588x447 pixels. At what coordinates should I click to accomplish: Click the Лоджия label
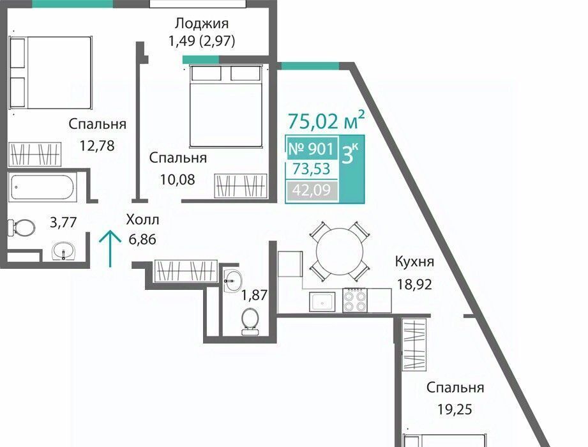pos(201,24)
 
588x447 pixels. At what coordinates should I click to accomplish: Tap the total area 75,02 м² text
pos(326,120)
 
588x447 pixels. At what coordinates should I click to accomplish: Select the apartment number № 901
pos(310,149)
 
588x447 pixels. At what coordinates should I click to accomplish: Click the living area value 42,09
pos(312,190)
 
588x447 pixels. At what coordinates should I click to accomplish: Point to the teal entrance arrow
pos(110,248)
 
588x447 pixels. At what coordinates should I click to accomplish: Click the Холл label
pos(142,220)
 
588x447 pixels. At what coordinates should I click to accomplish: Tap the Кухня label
pos(414,261)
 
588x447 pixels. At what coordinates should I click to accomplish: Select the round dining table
pos(340,251)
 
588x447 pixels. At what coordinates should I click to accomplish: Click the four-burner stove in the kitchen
pos(355,301)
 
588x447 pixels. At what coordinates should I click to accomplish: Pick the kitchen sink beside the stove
pos(322,301)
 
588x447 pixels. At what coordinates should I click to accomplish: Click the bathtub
pos(43,186)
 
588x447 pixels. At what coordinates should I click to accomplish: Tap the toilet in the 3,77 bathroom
pos(22,227)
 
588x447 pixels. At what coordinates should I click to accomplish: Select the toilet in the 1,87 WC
pos(250,321)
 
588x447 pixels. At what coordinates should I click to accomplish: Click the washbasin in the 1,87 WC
pos(233,280)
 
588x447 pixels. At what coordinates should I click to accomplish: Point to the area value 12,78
pos(97,145)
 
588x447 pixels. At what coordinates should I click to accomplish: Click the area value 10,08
pos(177,179)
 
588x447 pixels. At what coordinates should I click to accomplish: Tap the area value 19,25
pos(455,409)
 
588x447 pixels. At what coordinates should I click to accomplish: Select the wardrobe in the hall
pos(186,271)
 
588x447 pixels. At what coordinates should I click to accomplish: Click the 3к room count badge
pos(351,154)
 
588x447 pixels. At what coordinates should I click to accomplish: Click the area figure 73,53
pos(312,169)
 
